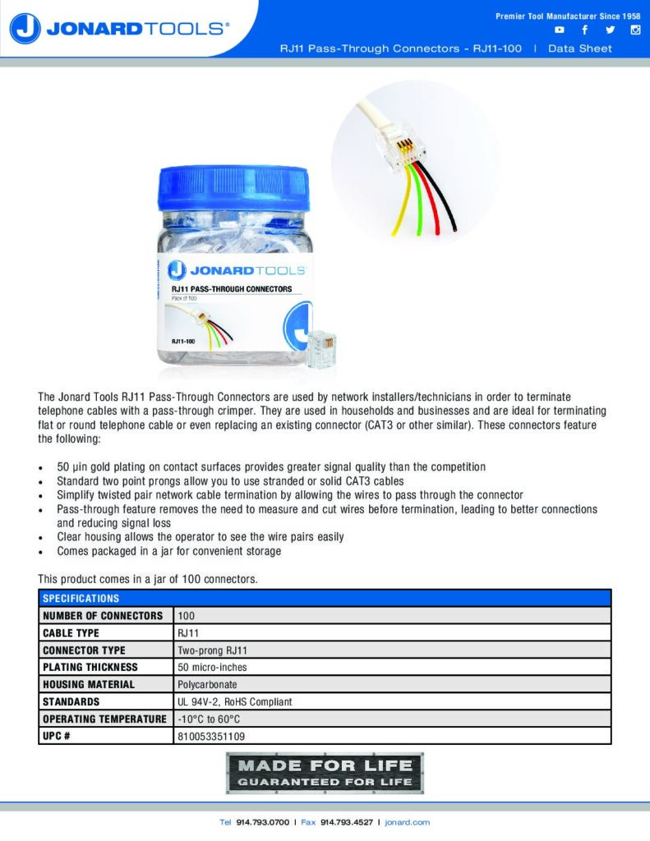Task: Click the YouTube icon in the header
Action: click(560, 30)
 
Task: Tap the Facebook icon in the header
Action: click(584, 30)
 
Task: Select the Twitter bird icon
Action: click(610, 30)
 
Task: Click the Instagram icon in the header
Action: click(635, 30)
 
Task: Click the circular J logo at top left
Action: click(25, 29)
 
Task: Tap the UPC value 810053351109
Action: click(210, 736)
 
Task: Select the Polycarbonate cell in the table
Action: click(207, 684)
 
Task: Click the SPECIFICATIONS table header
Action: click(81, 598)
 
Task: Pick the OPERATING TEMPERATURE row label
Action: click(104, 719)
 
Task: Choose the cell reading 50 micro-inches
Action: click(212, 667)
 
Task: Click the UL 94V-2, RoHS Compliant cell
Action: click(234, 701)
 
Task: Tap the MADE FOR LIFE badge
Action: click(325, 773)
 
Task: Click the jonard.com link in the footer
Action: click(408, 822)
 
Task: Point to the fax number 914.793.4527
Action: click(347, 822)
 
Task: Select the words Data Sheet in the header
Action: click(580, 48)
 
